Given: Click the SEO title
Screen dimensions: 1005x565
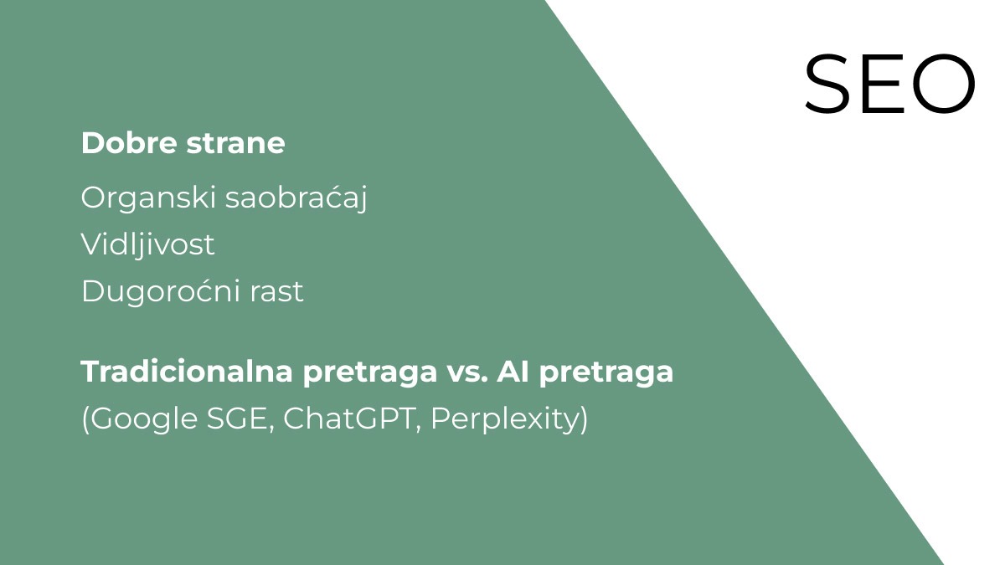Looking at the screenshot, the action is point(890,84).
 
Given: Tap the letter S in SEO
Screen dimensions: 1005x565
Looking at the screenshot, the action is point(827,84).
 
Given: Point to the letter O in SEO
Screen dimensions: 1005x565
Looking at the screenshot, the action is point(944,84).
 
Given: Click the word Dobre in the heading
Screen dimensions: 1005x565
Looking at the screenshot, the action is point(130,143).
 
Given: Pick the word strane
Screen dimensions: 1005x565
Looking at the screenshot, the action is point(235,144).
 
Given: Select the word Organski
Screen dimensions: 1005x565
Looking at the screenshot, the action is point(149,198).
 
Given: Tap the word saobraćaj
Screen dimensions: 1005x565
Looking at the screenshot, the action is point(296,198).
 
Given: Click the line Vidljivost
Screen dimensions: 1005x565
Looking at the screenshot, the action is point(147,245).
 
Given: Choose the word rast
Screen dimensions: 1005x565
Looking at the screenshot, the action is point(276,292).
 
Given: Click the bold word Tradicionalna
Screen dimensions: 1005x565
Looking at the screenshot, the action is point(187,372).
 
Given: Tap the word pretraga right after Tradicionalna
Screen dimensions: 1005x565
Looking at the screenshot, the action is point(369,373).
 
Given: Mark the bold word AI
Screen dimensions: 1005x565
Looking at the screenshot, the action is point(513,372).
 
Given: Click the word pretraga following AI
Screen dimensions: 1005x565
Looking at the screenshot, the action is point(606,373).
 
